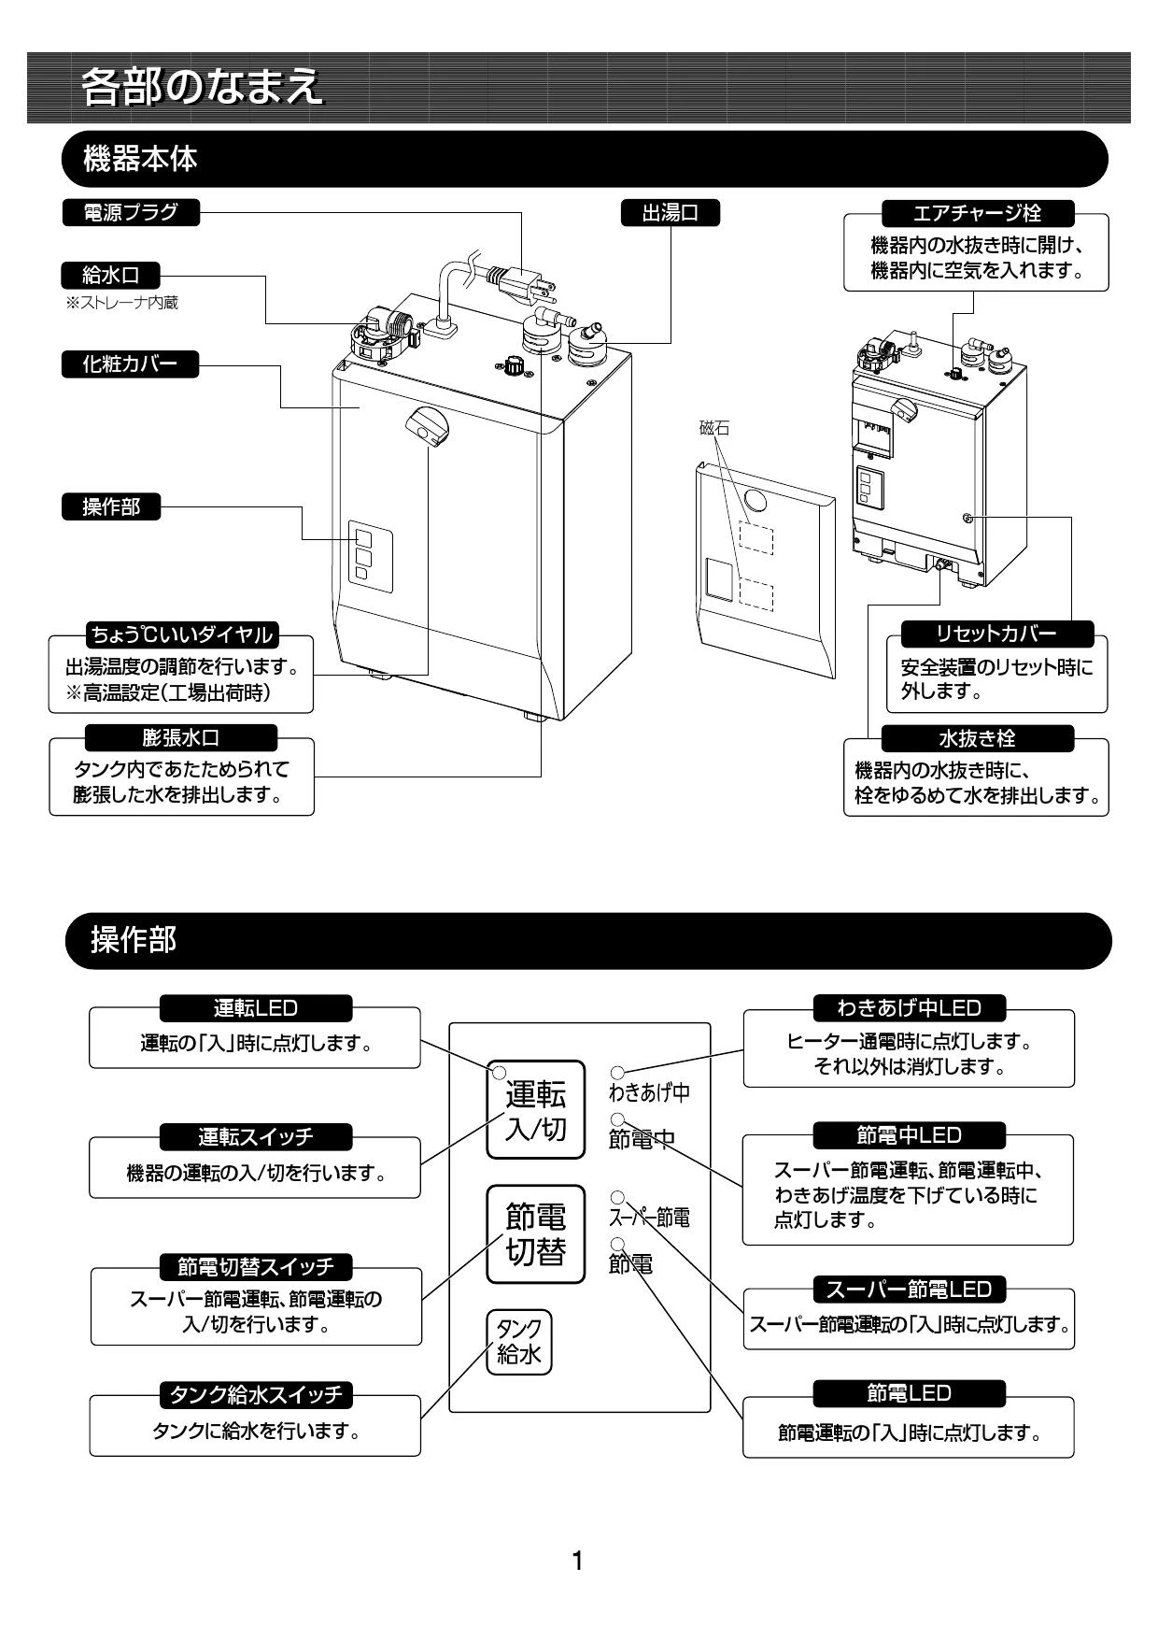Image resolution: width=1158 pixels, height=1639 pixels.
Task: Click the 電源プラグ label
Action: (x=130, y=213)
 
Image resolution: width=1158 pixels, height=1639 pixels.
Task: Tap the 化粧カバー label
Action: (x=130, y=364)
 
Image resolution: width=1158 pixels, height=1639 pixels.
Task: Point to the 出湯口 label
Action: (x=671, y=213)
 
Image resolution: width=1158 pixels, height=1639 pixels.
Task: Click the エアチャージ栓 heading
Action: (x=976, y=212)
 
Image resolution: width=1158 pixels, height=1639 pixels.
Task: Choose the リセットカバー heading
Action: (x=996, y=634)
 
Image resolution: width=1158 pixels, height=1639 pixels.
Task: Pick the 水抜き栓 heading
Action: (x=977, y=738)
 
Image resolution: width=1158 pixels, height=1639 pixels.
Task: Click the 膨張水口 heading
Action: (x=181, y=737)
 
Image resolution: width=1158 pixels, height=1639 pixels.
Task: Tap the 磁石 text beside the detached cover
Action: (x=714, y=429)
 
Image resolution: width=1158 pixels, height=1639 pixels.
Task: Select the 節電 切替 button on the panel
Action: (x=535, y=1233)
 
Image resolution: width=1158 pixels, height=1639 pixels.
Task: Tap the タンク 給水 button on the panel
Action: (x=519, y=1342)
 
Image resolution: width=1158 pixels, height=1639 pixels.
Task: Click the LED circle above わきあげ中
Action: (x=618, y=1073)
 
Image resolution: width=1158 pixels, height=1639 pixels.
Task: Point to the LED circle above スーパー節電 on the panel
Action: (x=617, y=1196)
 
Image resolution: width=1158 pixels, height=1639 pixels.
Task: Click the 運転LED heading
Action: (x=256, y=1008)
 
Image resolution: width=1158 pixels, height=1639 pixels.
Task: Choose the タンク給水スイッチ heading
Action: (x=256, y=1395)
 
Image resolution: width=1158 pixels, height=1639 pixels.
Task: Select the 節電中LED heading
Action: (x=910, y=1135)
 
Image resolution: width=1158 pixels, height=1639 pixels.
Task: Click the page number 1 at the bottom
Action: (x=578, y=1560)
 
